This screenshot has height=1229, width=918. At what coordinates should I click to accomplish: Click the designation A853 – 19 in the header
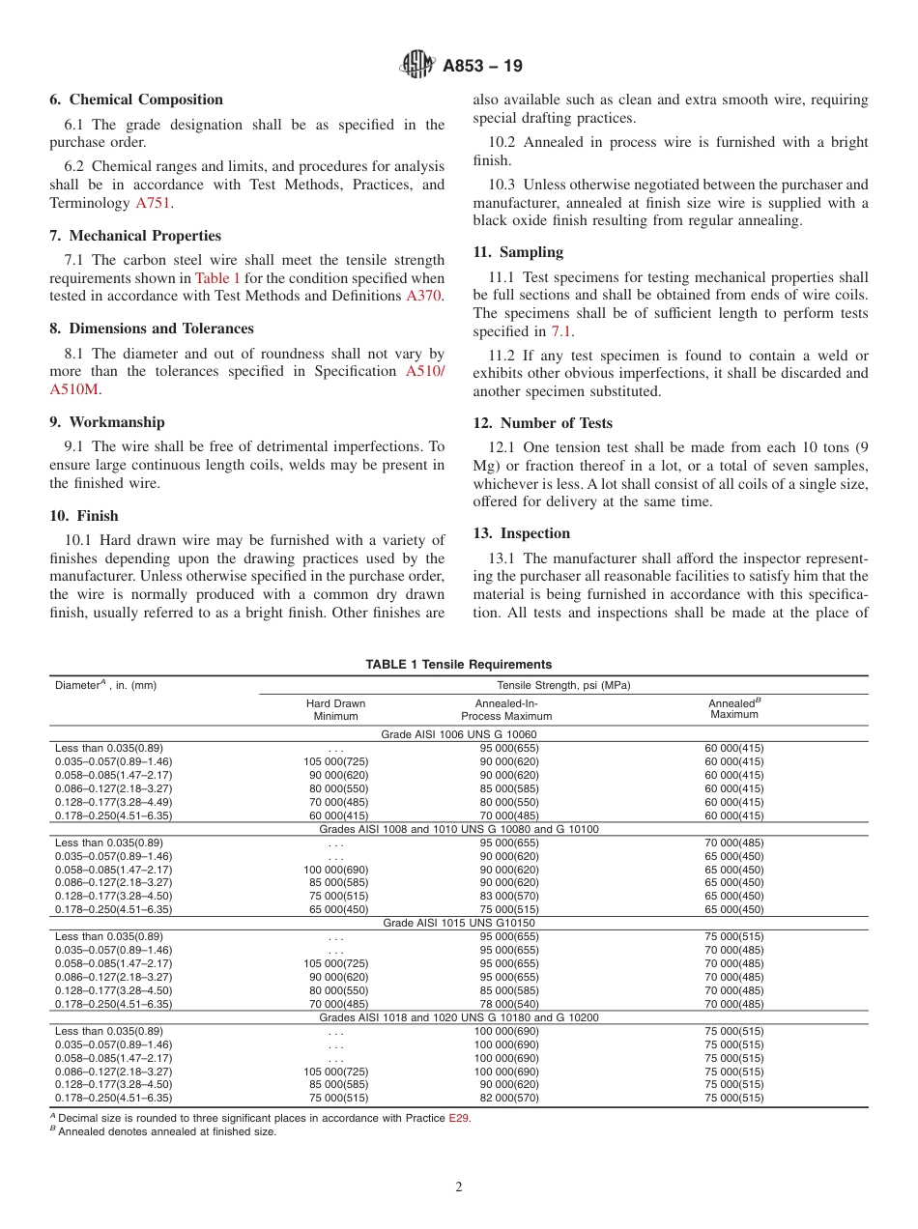point(482,67)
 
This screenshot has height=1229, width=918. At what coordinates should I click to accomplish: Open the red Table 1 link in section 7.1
point(217,277)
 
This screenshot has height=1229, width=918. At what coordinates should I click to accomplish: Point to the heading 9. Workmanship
point(107,422)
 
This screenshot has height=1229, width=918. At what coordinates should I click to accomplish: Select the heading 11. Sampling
point(518,252)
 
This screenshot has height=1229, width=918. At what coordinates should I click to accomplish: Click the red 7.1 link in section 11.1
point(561,331)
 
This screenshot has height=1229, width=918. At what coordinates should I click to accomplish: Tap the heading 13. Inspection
point(522,533)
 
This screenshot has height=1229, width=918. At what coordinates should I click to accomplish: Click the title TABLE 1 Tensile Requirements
point(459,665)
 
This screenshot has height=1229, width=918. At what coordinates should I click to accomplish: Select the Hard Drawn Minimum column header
point(335,710)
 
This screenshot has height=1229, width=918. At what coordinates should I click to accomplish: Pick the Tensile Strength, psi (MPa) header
point(563,685)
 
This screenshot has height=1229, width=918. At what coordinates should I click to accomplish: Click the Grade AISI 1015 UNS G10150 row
point(459,923)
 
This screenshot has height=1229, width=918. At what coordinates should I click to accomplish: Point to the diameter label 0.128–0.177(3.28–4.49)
point(114,802)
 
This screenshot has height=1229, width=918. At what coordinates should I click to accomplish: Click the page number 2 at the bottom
point(459,1187)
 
